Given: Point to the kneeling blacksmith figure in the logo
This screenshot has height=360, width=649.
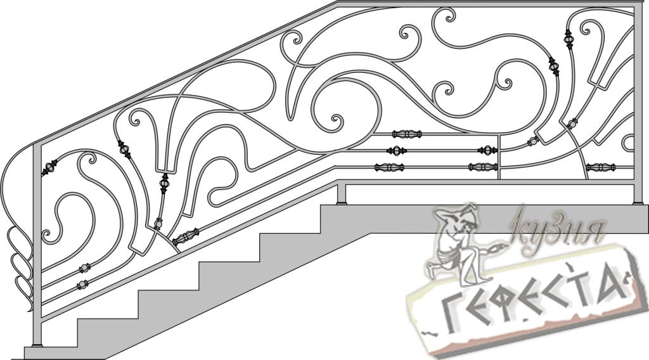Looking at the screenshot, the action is click(x=458, y=244).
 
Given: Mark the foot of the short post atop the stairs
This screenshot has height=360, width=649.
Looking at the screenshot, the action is click(x=342, y=202).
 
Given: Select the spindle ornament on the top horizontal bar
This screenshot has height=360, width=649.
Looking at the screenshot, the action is click(x=407, y=134).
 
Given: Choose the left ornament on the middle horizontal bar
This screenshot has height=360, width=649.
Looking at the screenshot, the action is click(x=397, y=151).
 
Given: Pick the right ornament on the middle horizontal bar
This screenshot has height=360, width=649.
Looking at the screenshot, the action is click(x=487, y=150).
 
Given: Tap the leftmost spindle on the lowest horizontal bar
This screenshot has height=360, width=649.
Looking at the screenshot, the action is click(x=389, y=167).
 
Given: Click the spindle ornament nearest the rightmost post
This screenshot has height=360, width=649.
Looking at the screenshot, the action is click(x=601, y=167).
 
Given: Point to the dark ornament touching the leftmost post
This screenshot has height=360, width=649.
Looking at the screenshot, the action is click(x=49, y=167).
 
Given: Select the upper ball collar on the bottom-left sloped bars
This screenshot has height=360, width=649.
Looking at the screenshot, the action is click(x=84, y=268).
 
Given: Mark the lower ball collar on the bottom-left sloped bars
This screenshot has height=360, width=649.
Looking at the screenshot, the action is click(x=82, y=285).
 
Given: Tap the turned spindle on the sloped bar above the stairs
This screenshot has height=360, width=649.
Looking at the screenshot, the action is click(x=186, y=236).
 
